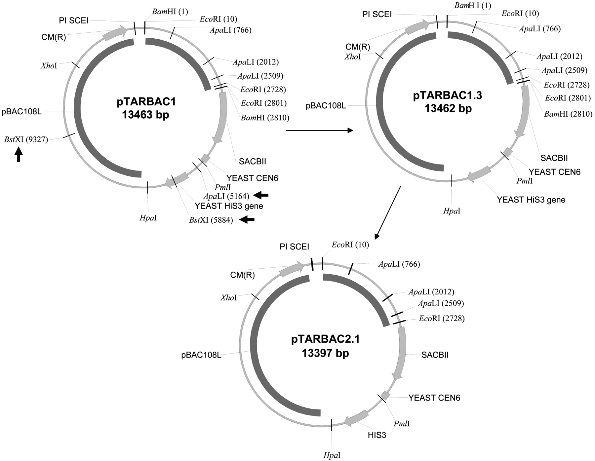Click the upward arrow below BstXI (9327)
19,154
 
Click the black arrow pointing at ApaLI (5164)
261,196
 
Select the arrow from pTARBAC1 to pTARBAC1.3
319,131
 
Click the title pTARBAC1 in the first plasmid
146,102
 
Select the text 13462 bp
448,108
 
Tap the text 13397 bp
325,353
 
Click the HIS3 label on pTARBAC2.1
377,435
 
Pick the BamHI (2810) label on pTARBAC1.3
568,114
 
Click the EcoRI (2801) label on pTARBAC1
263,103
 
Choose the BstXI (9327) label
26,140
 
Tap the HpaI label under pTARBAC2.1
332,455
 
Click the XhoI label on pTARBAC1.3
353,57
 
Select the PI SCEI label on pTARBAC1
74,20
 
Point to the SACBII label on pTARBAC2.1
435,355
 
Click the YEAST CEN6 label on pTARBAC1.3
554,172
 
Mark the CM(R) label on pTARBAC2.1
242,275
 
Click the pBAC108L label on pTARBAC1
21,112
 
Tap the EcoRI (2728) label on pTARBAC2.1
442,319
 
